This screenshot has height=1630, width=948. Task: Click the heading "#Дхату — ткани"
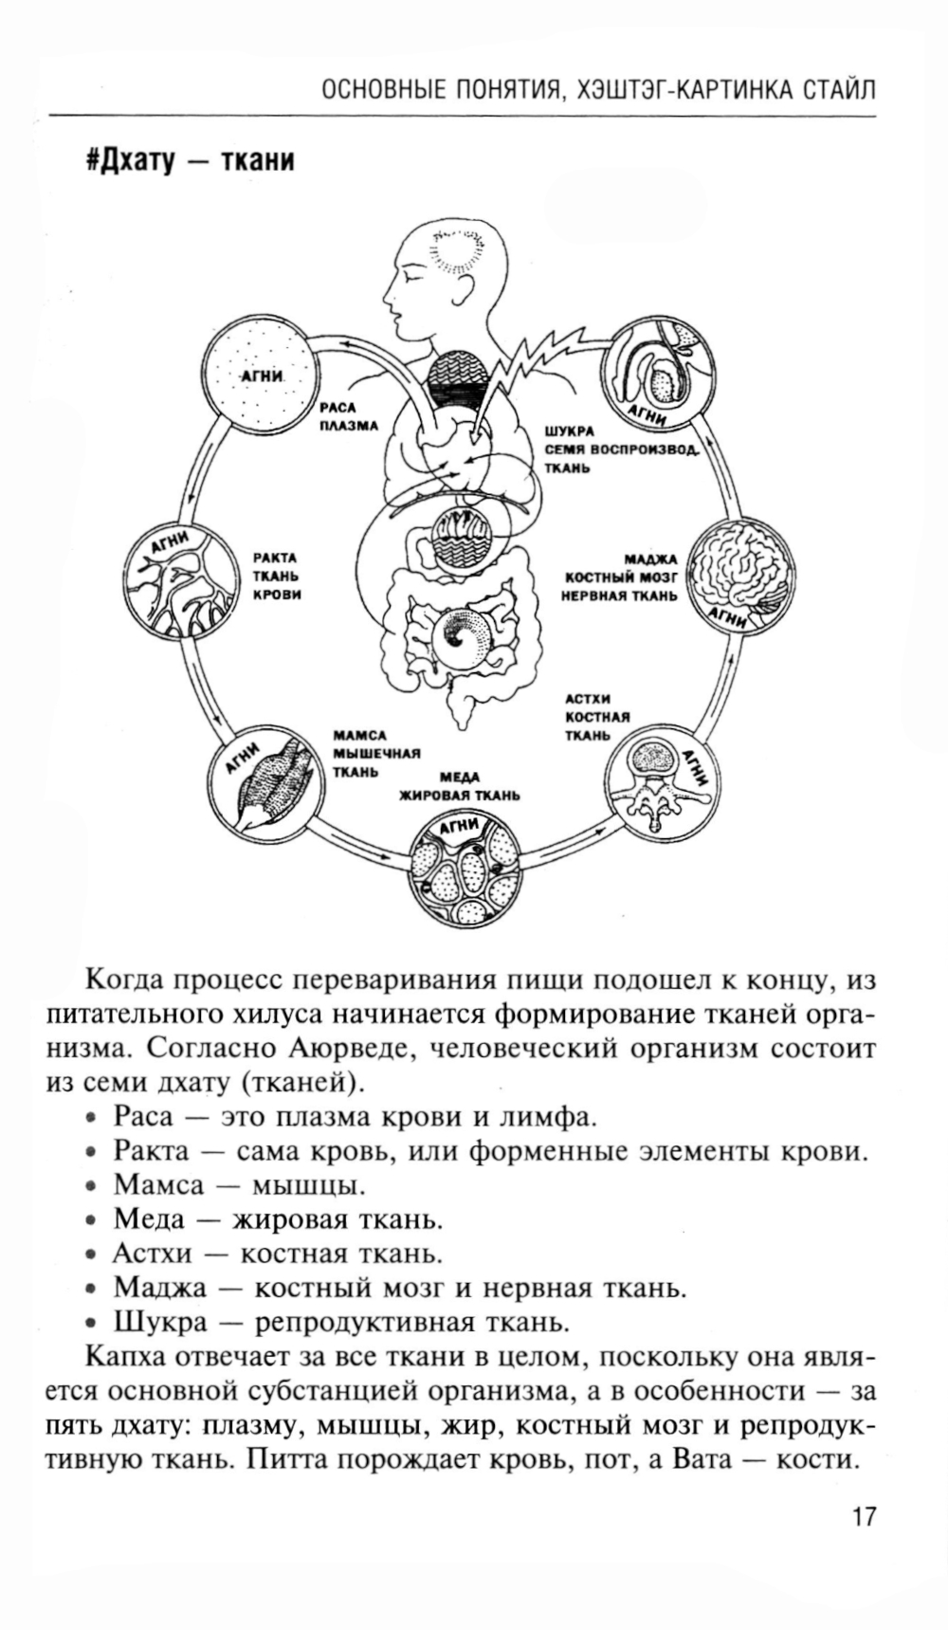[190, 160]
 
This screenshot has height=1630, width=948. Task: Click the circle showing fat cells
[465, 869]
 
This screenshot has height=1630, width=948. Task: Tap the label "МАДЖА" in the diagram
[649, 559]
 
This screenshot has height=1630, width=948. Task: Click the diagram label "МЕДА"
[460, 778]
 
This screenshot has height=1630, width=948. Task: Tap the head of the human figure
[446, 270]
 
